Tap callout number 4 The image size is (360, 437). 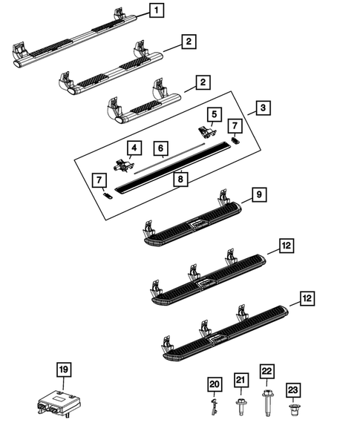(x=134, y=148)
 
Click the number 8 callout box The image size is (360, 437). (x=178, y=178)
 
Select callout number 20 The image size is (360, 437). (x=215, y=384)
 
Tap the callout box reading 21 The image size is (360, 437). (x=239, y=380)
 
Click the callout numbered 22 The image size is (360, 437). (x=266, y=370)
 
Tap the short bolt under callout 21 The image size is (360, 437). (x=239, y=405)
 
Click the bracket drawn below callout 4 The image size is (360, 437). (x=123, y=165)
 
